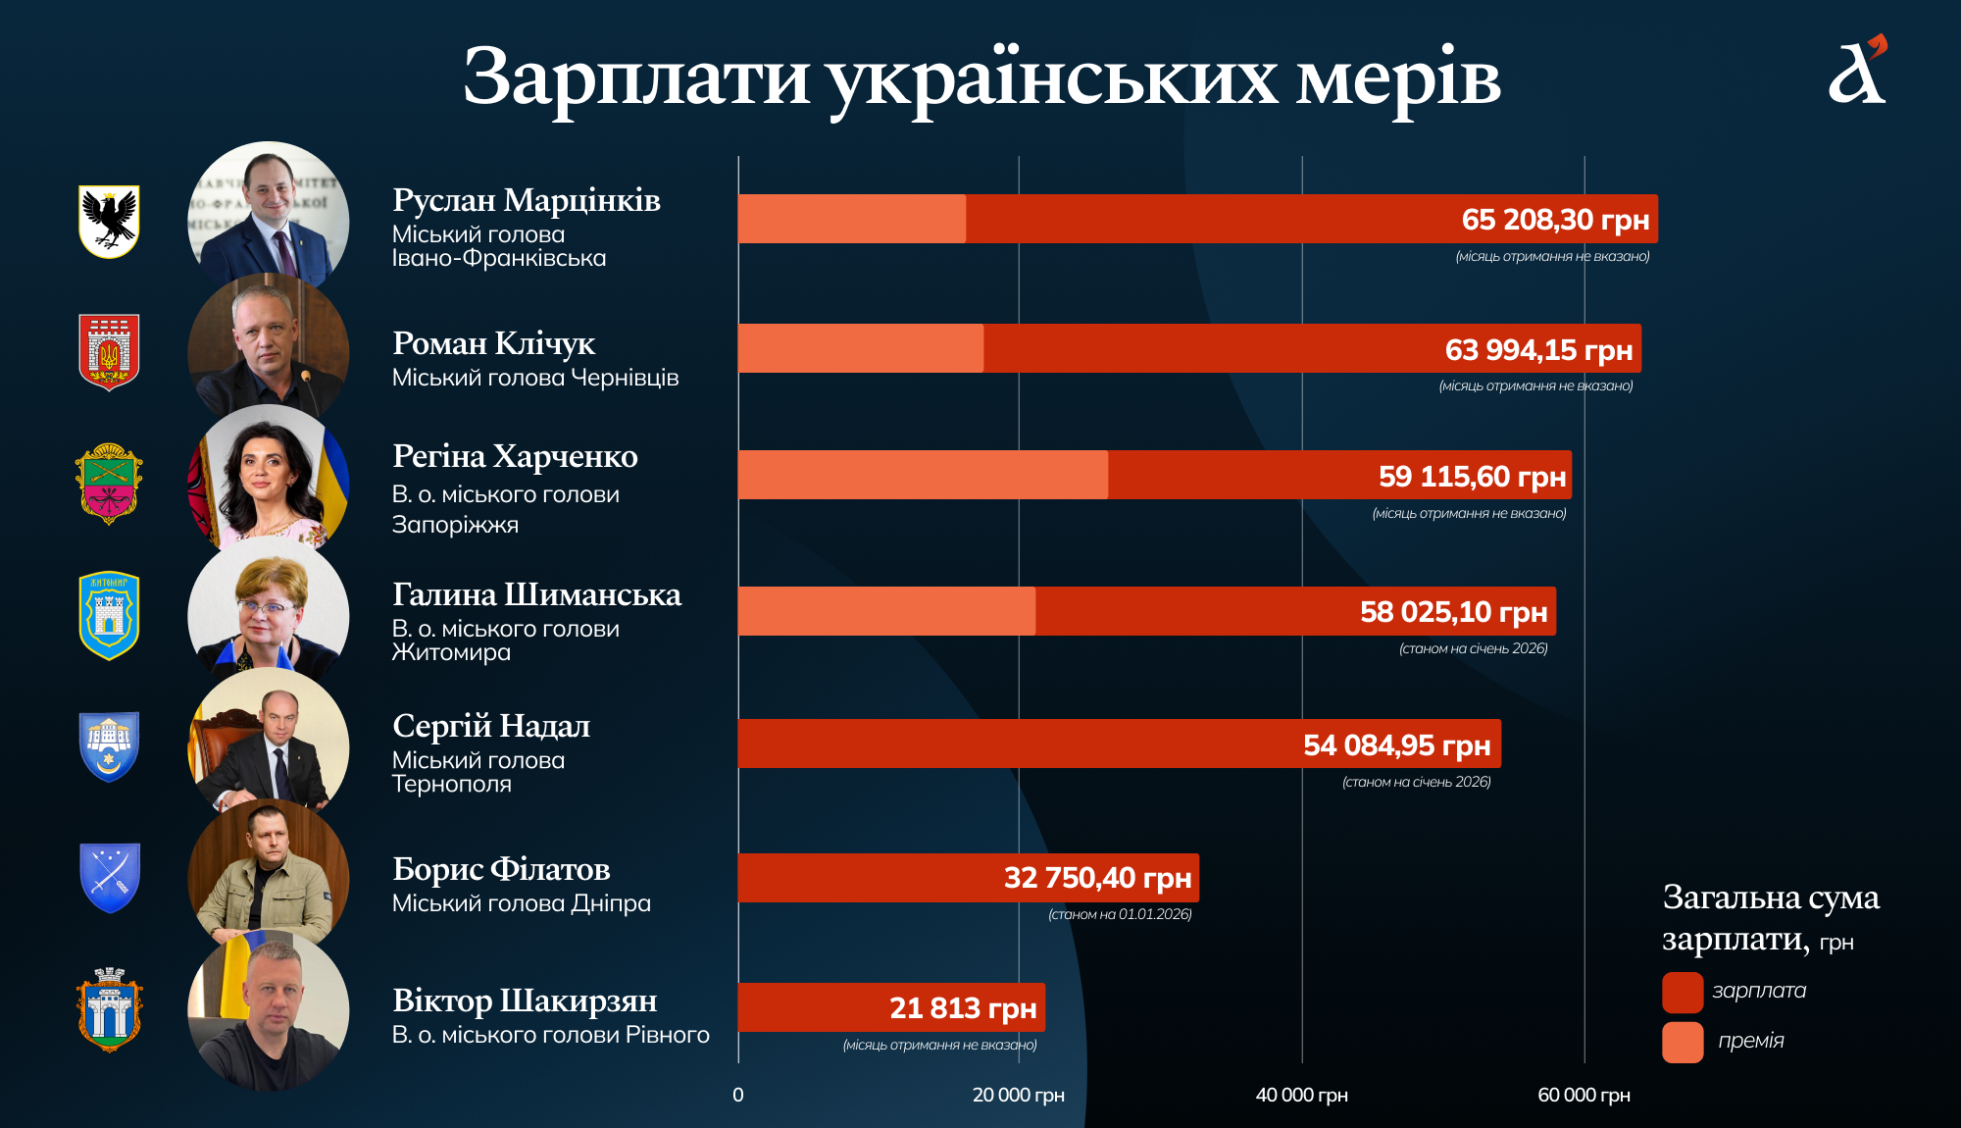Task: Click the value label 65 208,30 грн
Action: tap(1555, 220)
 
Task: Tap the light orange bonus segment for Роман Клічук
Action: tap(860, 348)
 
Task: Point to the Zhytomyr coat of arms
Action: tap(109, 615)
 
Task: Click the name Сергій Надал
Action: tap(491, 726)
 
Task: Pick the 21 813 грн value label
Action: tap(963, 1007)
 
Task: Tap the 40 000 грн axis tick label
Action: tap(1301, 1095)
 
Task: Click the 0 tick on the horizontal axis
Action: tap(738, 1095)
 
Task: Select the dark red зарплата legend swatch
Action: tap(1683, 992)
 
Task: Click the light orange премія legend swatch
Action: tap(1683, 1042)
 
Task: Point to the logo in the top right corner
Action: tap(1858, 71)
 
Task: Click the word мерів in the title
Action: tap(1399, 78)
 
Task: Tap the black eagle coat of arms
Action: tap(109, 221)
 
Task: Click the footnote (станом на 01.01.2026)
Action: tap(1120, 914)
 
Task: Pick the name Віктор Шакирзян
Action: tap(525, 1000)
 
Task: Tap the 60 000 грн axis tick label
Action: tap(1584, 1095)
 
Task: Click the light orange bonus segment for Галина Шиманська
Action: tap(886, 611)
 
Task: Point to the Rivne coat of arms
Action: tap(109, 1010)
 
